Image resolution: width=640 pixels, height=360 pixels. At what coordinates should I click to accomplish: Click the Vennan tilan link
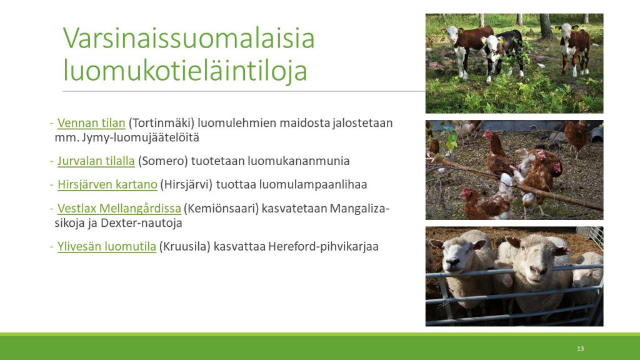click(91, 123)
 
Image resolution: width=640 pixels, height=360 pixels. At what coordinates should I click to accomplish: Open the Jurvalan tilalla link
click(96, 161)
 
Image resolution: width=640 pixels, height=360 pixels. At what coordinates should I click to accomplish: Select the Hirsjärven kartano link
click(107, 184)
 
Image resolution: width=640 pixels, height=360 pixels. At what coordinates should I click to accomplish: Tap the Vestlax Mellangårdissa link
click(119, 209)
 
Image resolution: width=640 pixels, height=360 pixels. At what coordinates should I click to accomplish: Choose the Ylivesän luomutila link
click(106, 246)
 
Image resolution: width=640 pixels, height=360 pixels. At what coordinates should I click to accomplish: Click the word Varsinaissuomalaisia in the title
click(189, 37)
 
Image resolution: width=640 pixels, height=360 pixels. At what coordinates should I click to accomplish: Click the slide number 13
click(581, 349)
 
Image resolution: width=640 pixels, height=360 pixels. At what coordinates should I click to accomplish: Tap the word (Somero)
click(163, 161)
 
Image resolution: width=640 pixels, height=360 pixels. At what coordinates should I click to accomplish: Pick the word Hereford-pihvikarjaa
click(323, 246)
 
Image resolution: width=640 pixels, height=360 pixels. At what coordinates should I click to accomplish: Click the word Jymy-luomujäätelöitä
click(141, 137)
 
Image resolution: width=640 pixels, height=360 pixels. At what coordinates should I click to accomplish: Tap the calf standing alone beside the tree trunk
click(574, 48)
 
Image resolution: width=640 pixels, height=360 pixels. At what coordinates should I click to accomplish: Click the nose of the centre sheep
click(534, 271)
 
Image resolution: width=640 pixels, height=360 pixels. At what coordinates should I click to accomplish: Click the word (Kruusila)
click(184, 246)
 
